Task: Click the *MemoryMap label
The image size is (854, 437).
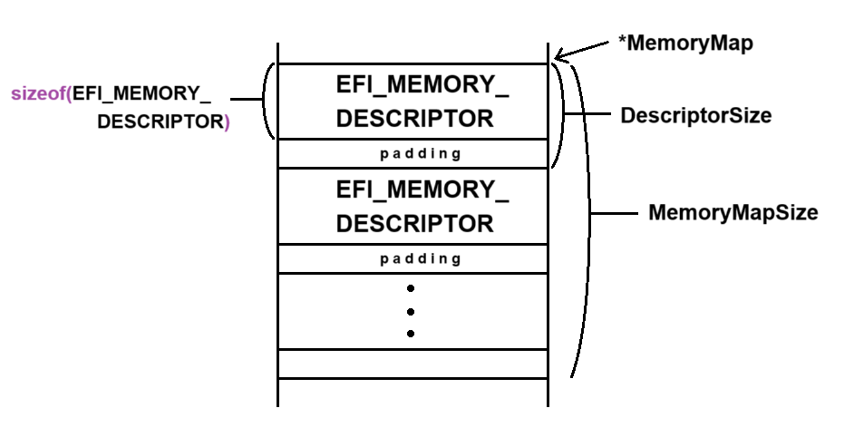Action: pos(685,43)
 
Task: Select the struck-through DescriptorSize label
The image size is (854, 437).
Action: pos(695,116)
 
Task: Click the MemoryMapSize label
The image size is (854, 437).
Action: pos(733,213)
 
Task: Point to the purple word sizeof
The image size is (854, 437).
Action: pos(39,93)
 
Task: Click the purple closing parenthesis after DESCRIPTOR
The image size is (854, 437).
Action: pos(227,121)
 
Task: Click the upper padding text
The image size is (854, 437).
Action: pos(421,153)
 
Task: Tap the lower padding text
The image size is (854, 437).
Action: pos(421,258)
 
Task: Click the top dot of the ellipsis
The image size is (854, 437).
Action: pos(411,289)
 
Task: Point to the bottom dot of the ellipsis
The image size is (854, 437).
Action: pos(411,334)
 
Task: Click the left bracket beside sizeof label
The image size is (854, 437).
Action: pos(267,101)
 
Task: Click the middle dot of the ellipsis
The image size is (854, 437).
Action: pos(411,312)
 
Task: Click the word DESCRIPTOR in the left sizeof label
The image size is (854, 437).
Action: pos(159,121)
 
